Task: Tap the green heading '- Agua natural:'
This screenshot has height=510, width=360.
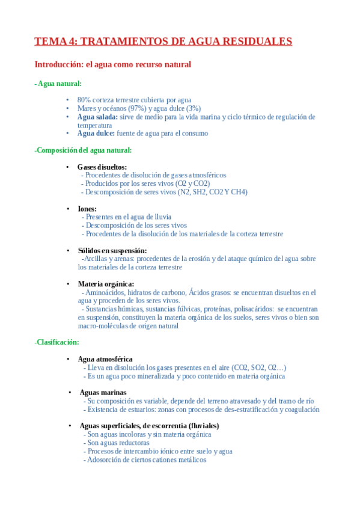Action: click(x=58, y=84)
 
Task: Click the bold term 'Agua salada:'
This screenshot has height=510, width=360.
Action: click(x=97, y=117)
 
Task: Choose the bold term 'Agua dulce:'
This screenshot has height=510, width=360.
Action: click(x=96, y=134)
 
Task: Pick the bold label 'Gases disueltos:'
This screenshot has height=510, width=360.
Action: click(x=102, y=167)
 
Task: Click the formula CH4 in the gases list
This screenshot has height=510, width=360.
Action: click(x=239, y=192)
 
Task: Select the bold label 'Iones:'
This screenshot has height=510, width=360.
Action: click(x=87, y=209)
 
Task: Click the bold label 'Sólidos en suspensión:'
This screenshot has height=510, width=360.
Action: click(x=112, y=250)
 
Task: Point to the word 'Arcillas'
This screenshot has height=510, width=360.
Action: click(x=96, y=259)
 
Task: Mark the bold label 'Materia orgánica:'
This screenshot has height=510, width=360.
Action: click(x=106, y=284)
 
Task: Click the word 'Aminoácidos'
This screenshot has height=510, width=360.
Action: click(x=106, y=292)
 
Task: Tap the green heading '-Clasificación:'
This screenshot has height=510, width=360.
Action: click(x=57, y=342)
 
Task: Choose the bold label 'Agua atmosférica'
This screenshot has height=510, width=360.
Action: click(x=105, y=359)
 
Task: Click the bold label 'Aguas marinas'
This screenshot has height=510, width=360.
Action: click(x=103, y=392)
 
